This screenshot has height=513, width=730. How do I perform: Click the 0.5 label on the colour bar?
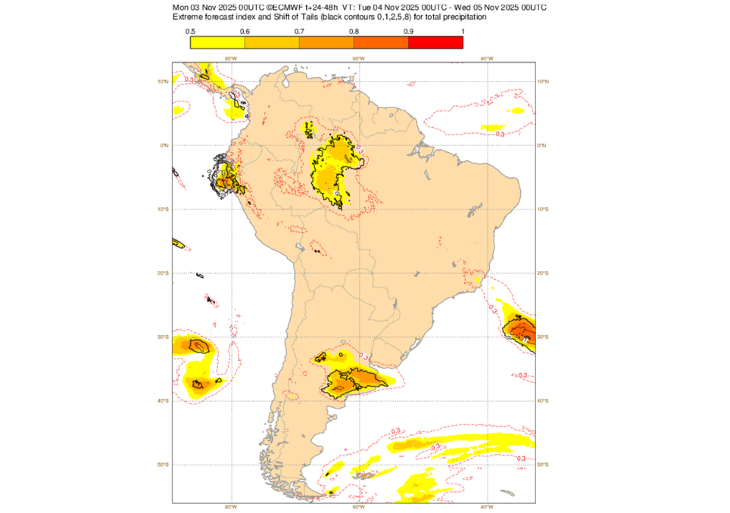190,31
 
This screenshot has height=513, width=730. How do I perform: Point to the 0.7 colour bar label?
299,31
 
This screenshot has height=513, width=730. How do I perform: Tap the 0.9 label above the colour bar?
408,31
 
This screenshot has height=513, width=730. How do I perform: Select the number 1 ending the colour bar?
462,31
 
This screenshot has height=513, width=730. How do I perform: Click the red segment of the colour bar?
435,42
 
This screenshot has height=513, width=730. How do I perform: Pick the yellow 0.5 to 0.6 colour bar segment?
217,42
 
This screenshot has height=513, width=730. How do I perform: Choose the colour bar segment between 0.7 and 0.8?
326,42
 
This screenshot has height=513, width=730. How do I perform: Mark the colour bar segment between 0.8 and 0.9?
381,42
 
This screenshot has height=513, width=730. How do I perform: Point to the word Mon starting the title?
181,8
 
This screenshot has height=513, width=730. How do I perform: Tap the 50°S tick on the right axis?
542,465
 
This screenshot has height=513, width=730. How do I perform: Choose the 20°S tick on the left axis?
164,273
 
